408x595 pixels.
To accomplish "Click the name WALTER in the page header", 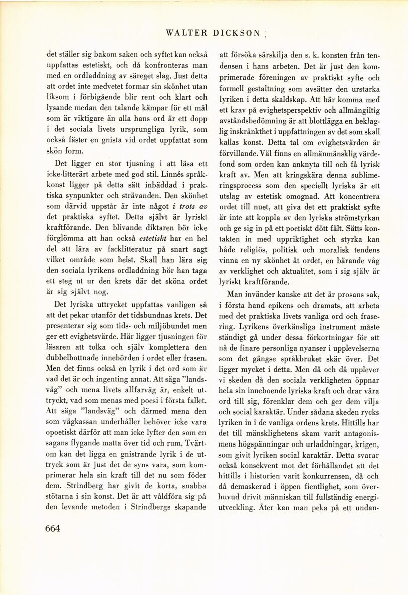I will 186,34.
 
